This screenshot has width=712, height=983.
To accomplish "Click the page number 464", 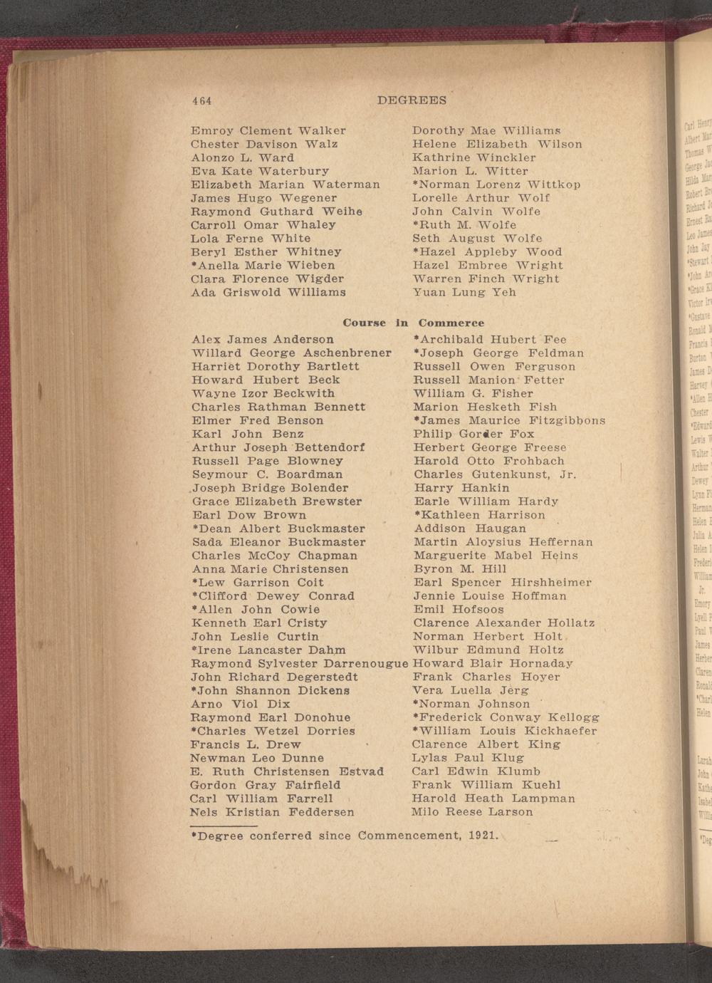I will [202, 101].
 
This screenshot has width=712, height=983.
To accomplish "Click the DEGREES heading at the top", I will [412, 101].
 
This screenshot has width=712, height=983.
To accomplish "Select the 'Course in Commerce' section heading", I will [413, 323].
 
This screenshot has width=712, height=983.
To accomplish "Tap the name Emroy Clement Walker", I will [268, 131].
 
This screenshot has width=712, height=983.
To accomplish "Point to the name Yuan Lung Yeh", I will [464, 293].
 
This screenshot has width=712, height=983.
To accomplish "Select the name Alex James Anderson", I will [263, 340].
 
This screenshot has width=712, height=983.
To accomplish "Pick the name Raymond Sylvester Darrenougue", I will [300, 664].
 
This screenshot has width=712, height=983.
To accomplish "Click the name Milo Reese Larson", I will [472, 812].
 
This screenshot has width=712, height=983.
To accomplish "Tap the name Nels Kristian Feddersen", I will [272, 812].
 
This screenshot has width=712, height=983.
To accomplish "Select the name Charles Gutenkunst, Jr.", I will [495, 474].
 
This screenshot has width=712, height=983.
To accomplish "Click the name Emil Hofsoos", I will [459, 610].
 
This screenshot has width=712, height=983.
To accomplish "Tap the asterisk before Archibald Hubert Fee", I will [416, 339].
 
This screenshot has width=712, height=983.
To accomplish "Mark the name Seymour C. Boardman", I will [268, 474].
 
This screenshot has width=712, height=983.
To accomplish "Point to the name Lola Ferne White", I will [251, 239].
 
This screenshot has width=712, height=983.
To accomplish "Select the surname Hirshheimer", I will [551, 583].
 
